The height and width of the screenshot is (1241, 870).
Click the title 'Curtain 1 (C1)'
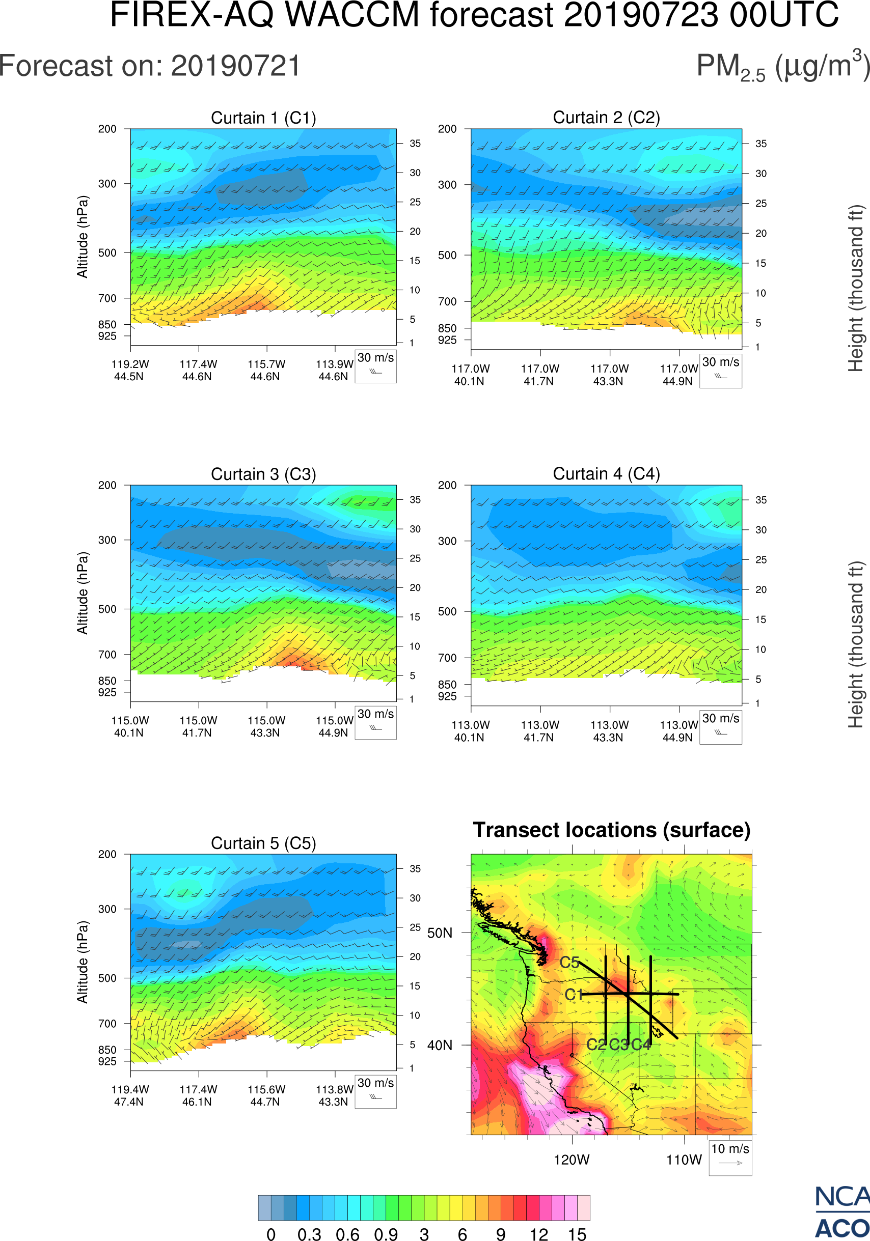(x=263, y=118)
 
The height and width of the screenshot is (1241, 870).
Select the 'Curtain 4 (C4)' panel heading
(x=606, y=474)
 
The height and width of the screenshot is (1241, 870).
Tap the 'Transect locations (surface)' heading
(x=612, y=830)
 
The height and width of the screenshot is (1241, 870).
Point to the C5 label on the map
(x=569, y=962)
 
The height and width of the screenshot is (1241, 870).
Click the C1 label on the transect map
(x=574, y=995)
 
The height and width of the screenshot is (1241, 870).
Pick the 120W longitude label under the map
(x=572, y=1160)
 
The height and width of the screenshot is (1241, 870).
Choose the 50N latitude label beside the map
(x=440, y=933)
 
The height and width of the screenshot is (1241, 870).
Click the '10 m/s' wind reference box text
(x=730, y=1148)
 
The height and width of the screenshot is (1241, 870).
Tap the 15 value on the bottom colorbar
(x=577, y=1234)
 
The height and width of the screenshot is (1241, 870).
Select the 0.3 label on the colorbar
(x=309, y=1234)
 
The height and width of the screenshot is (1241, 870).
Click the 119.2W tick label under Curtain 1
(x=130, y=364)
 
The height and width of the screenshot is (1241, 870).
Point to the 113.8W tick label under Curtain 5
(x=334, y=1090)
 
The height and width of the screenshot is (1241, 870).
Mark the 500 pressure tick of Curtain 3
(x=107, y=609)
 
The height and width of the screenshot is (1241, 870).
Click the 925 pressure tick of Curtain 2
(x=447, y=340)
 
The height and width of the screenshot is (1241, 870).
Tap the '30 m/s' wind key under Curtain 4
(x=720, y=718)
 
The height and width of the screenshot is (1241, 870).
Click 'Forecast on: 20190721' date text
(x=150, y=66)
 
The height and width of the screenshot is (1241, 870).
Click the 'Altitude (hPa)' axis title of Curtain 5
(x=82, y=962)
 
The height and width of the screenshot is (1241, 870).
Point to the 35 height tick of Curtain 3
(x=415, y=500)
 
